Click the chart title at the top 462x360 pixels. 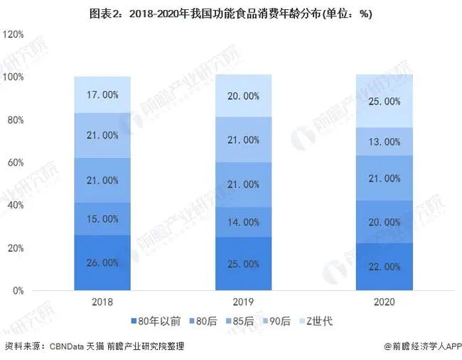click(231, 14)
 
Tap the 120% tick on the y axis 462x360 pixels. click(13, 34)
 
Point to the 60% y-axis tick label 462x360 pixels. click(16, 162)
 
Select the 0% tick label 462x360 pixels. click(18, 291)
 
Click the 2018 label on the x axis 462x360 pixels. click(102, 302)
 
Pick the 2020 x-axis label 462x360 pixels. click(385, 302)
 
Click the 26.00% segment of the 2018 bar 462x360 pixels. click(102, 263)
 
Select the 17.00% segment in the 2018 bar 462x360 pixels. click(102, 95)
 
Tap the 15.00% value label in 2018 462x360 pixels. click(102, 218)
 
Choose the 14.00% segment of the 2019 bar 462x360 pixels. click(243, 222)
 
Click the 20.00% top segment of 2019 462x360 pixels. click(243, 96)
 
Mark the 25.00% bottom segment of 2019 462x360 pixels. click(243, 263)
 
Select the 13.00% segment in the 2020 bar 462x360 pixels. click(385, 142)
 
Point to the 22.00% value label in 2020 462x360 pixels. click(385, 267)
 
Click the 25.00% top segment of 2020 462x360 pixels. click(385, 101)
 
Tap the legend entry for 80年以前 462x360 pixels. click(156, 321)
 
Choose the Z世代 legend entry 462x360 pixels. click(316, 321)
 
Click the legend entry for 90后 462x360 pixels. click(276, 321)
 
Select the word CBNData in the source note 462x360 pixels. click(67, 346)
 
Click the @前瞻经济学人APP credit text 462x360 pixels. click(423, 346)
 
